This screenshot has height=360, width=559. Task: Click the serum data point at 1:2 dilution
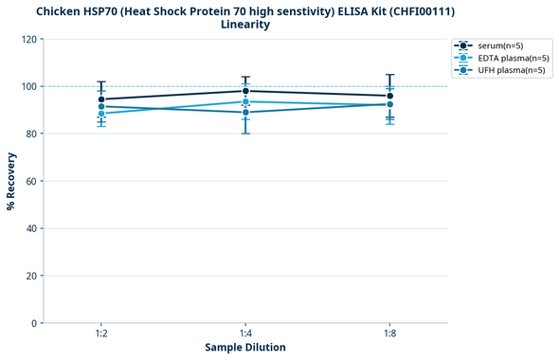click(101, 99)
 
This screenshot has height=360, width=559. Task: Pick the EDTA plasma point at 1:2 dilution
click(101, 114)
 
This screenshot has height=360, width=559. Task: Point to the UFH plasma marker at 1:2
click(101, 106)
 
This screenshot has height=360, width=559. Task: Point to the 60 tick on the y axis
click(30, 181)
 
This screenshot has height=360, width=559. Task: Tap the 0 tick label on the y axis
click(33, 323)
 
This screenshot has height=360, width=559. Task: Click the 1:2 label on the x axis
click(101, 334)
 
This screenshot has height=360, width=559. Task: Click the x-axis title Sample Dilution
click(245, 348)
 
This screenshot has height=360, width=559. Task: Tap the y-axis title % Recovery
click(11, 181)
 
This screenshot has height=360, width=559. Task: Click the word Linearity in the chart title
click(245, 25)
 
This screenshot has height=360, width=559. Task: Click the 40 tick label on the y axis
click(30, 228)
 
